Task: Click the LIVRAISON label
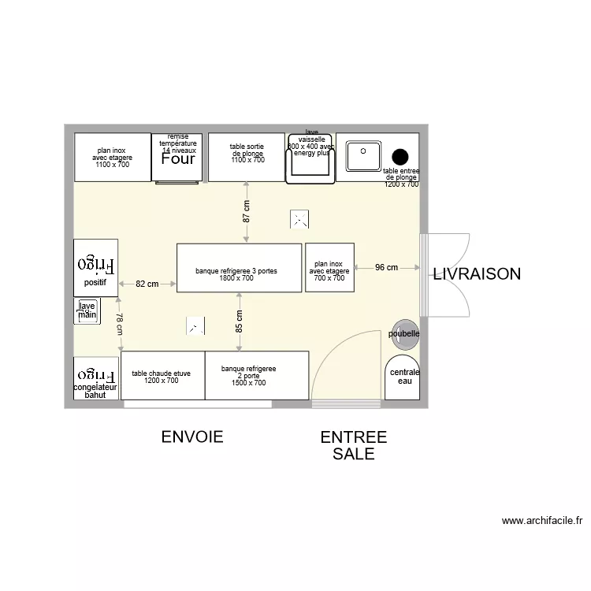coord(476,274)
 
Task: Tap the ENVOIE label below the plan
coord(192,437)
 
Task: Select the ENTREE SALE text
coord(353,445)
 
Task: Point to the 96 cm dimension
coord(386,268)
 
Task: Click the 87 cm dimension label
coord(247,212)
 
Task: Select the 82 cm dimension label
coord(147,284)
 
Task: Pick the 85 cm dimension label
coord(239,321)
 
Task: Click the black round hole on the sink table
coord(400,156)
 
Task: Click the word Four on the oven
coord(178,159)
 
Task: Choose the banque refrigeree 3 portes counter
coord(239,268)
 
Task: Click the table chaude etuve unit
coord(162,375)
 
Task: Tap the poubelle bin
coord(404,333)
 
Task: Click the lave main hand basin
coord(87,310)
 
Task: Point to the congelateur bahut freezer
coord(95,379)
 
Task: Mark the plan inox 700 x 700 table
coord(329,268)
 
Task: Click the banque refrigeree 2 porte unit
coord(256,375)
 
